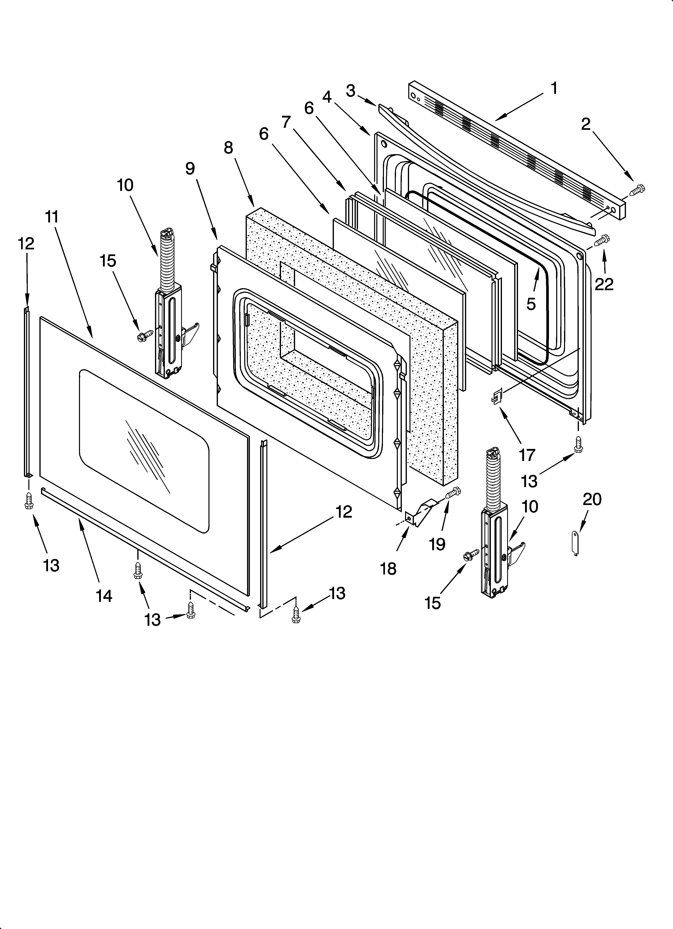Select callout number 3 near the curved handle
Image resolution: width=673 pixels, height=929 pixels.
(350, 91)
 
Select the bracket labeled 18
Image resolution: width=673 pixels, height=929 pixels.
(419, 514)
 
